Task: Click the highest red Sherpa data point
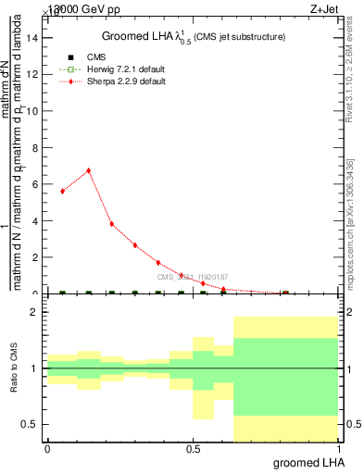tap(88, 170)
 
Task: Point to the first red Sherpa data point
tap(62, 191)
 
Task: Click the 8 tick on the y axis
tap(35, 148)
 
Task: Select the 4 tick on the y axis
tap(35, 221)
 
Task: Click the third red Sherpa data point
tap(111, 224)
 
